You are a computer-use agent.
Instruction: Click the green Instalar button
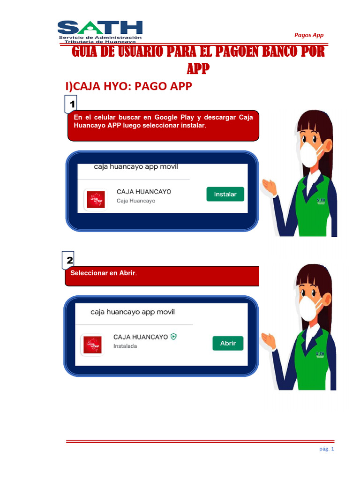[x=225, y=194]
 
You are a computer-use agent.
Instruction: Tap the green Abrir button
[x=228, y=343]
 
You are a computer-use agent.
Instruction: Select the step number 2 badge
[x=70, y=259]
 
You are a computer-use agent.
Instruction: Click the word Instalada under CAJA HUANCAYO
[x=125, y=346]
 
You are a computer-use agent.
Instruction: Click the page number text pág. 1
[x=326, y=450]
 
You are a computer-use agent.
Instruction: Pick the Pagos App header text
[x=308, y=35]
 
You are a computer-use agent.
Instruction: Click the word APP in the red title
[x=198, y=69]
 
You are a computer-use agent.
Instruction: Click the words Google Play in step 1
[x=172, y=117]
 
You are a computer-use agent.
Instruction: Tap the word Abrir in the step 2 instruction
[x=127, y=273]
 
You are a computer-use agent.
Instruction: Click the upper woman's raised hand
[x=270, y=186]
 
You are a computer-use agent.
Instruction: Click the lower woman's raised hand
[x=270, y=339]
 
